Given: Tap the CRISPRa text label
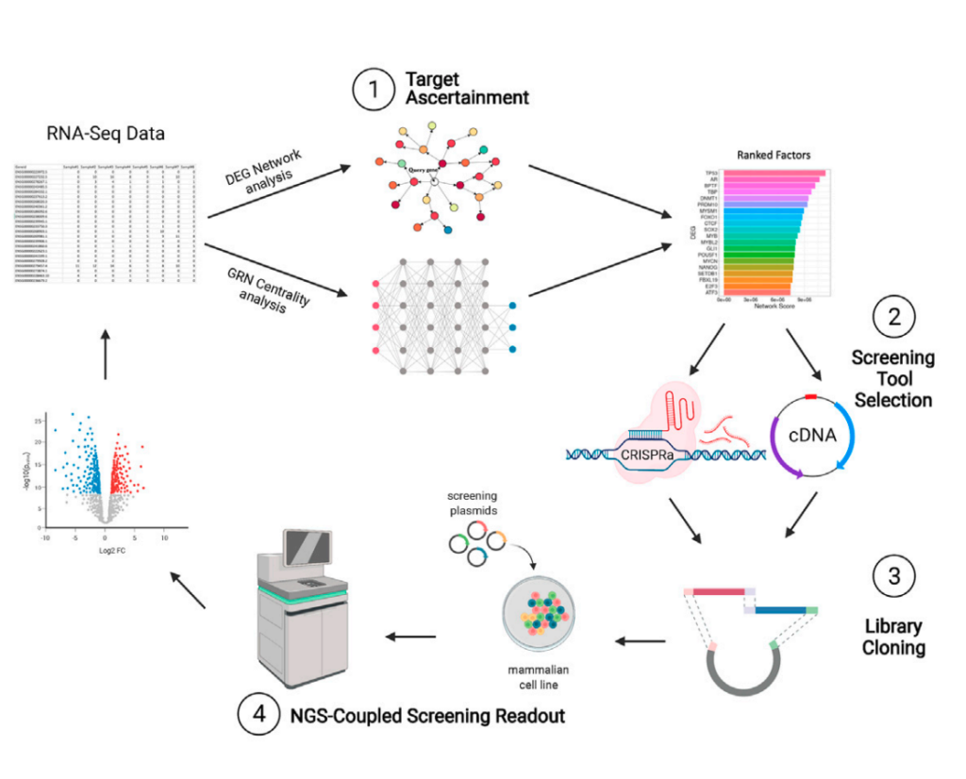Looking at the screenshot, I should coord(647,455).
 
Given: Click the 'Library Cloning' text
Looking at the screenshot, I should coord(893,637).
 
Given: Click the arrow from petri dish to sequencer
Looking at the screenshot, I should coord(410,637).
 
